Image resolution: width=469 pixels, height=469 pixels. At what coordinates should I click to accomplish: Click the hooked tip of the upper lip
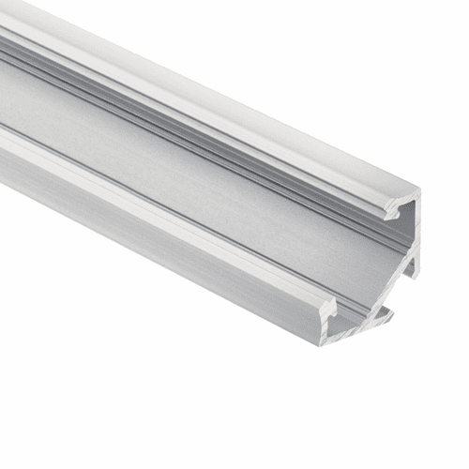tap(390, 215)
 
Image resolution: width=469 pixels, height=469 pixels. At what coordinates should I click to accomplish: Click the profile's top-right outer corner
tap(417, 193)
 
